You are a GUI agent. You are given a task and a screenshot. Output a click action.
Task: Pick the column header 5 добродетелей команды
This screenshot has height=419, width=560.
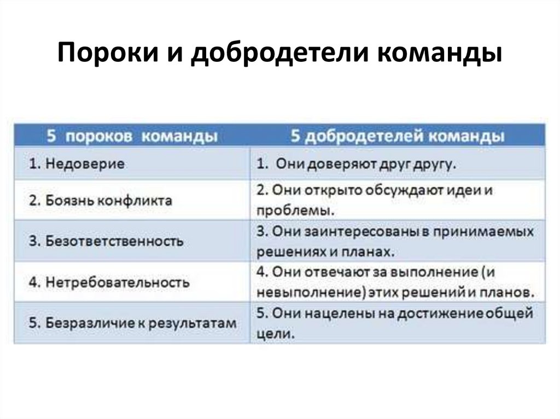pyautogui.click(x=398, y=136)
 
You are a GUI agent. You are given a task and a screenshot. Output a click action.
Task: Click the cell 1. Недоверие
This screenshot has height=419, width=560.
pyautogui.click(x=77, y=163)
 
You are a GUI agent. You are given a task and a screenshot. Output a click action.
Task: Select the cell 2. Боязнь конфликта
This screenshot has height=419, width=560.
pyautogui.click(x=101, y=200)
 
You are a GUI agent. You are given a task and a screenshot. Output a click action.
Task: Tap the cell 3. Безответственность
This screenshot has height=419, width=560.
pyautogui.click(x=106, y=241)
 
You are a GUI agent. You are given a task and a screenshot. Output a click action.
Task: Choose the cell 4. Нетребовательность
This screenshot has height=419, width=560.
pyautogui.click(x=109, y=282)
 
